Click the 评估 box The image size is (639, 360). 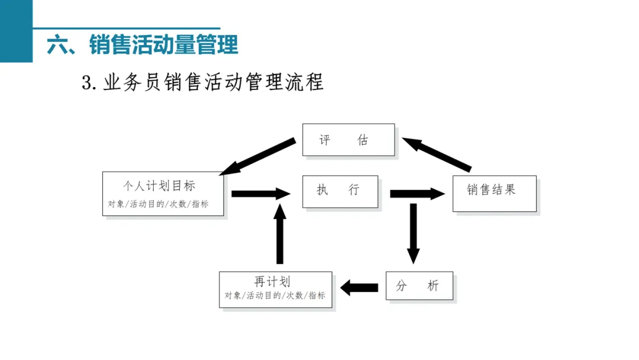[x=348, y=140]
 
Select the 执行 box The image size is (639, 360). [x=340, y=192]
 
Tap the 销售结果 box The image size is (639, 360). [x=494, y=194]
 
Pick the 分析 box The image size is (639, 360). [x=419, y=286]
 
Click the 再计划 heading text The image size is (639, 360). [x=272, y=281]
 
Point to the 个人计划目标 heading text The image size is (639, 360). [x=159, y=186]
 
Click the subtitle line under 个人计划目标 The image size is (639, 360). [x=158, y=204]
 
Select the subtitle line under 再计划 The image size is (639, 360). [x=275, y=295]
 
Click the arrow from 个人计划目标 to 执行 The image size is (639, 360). [x=261, y=194]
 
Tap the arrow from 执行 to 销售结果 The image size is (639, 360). [x=417, y=194]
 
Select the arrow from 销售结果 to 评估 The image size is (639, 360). [x=437, y=154]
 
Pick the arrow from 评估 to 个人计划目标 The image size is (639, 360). [x=257, y=156]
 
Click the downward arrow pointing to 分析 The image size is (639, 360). [x=413, y=233]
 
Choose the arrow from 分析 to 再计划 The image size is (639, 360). [x=359, y=287]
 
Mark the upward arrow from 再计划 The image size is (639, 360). [x=279, y=233]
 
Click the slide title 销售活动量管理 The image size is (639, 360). [x=163, y=44]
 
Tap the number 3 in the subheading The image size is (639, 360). [x=87, y=83]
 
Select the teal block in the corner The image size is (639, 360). [x=17, y=31]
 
